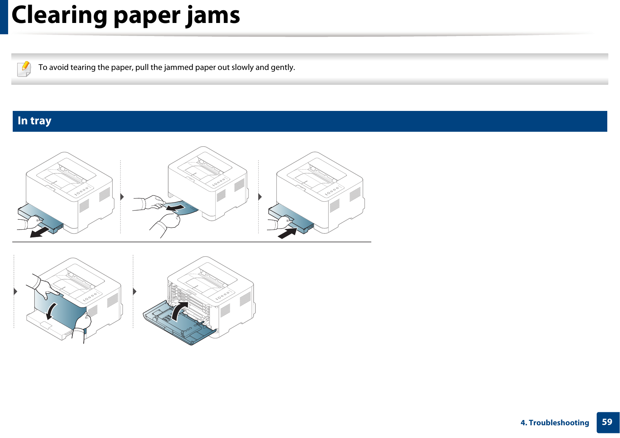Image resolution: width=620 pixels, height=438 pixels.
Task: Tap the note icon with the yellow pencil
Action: point(24,69)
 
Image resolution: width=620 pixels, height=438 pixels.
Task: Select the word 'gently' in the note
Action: point(282,67)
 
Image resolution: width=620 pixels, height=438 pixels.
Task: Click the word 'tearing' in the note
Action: point(83,67)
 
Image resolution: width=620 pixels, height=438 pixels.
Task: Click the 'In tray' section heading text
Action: point(34,121)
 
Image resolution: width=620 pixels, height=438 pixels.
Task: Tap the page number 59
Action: point(607,422)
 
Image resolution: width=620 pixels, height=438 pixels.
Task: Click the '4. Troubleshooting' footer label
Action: point(555,423)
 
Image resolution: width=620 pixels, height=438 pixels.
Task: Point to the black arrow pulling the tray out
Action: point(39,232)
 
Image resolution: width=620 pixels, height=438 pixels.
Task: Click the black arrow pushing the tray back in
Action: point(287,233)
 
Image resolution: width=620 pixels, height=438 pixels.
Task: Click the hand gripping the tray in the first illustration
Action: point(34,222)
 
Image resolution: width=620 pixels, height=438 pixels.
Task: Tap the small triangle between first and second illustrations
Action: point(122,197)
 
